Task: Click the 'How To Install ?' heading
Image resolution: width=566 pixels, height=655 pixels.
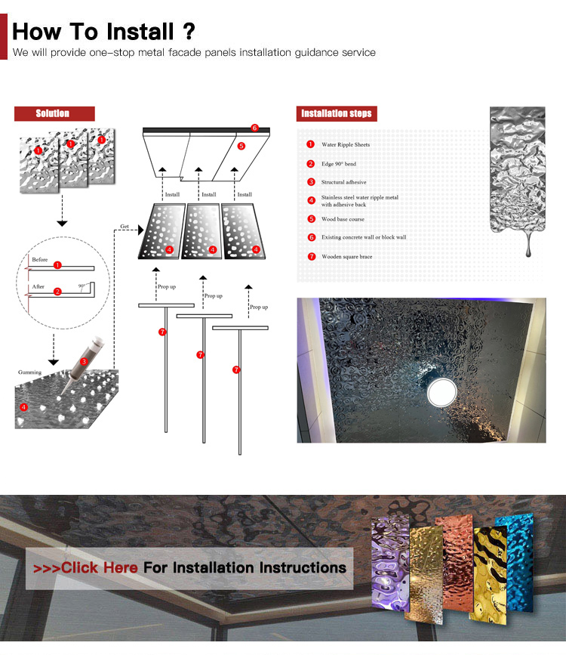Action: (x=104, y=32)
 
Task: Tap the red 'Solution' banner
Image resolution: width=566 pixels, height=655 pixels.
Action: (x=53, y=113)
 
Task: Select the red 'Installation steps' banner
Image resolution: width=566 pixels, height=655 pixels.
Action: (x=337, y=113)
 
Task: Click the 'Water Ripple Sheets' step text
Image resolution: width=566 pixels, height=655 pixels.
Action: (x=346, y=144)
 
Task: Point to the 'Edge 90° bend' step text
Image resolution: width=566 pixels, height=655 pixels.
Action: (x=338, y=164)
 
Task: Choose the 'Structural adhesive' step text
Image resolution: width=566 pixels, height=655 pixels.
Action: (x=343, y=182)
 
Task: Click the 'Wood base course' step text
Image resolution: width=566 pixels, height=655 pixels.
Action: (x=343, y=219)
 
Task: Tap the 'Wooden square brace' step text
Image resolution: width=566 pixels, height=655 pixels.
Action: (x=346, y=256)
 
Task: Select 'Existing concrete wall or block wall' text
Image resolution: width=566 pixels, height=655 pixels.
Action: (x=364, y=237)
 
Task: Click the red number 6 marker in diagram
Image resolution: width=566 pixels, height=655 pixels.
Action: (x=254, y=128)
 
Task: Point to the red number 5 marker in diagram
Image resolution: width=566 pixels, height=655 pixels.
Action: (x=241, y=146)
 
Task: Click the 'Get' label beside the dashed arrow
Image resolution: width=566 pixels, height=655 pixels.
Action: (x=125, y=226)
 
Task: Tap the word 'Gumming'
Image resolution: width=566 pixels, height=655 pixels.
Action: (x=30, y=372)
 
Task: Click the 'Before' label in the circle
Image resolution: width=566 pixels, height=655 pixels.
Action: (x=40, y=260)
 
